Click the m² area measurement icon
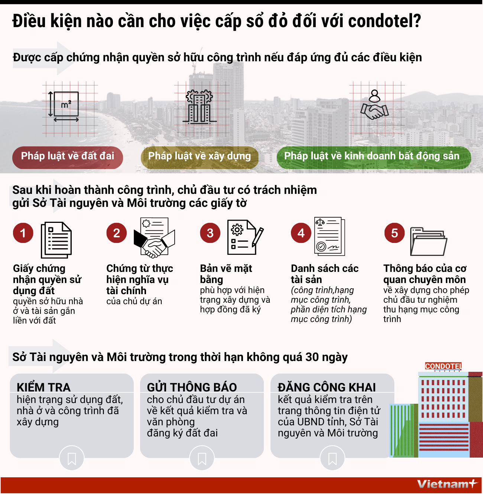66,105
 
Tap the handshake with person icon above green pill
375,106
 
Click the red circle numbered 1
23,233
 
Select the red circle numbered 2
117,233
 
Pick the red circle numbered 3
210,233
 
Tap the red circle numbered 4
301,233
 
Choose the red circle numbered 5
395,233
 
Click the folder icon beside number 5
428,242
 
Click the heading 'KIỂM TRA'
43,387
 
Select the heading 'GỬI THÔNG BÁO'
192,387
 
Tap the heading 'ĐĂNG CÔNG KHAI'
327,387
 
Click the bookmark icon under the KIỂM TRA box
72,459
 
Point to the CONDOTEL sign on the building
443,366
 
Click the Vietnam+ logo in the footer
446,484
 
